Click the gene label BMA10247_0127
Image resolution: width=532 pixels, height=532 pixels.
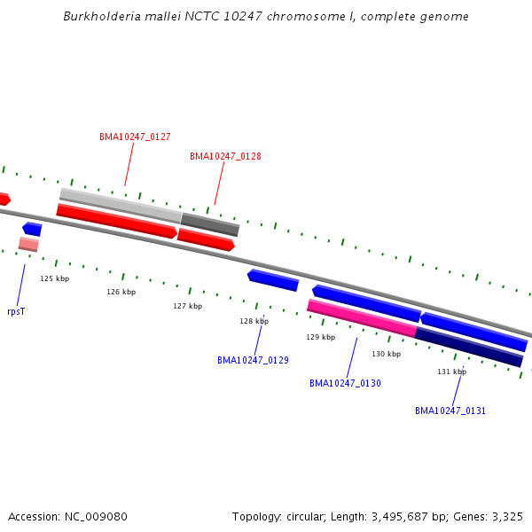135,137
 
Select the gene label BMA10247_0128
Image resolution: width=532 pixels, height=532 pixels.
225,156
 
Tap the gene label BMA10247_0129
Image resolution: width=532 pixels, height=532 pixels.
253,360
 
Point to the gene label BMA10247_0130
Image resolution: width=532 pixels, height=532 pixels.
345,383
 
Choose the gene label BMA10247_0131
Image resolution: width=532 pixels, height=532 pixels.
450,411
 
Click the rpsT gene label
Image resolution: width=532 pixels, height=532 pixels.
16,311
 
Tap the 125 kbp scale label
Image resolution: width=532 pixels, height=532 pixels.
54,278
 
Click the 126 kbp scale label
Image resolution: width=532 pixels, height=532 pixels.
121,292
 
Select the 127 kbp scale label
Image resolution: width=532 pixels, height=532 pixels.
187,306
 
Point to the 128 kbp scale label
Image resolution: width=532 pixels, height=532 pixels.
254,321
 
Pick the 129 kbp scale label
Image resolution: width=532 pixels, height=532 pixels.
320,337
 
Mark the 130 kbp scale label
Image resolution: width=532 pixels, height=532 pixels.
386,354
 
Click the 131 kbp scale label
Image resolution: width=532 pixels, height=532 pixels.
451,372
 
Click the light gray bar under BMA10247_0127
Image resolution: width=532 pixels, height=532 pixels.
121,204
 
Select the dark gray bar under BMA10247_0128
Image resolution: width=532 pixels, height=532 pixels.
210,223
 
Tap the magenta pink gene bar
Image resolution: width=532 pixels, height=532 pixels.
362,317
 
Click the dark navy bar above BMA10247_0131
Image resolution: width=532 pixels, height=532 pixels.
469,347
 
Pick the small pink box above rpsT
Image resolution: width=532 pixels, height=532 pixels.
28,244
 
